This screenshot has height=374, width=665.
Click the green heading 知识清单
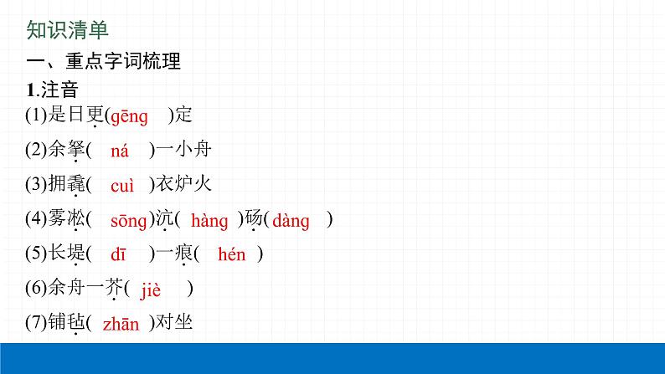[x=67, y=31]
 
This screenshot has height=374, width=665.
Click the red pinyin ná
[x=120, y=151]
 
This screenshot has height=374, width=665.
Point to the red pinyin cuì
[x=121, y=186]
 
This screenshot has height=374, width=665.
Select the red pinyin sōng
[x=129, y=221]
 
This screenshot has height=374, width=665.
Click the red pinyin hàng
[x=209, y=221]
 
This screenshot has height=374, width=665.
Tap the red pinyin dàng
[x=291, y=221]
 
